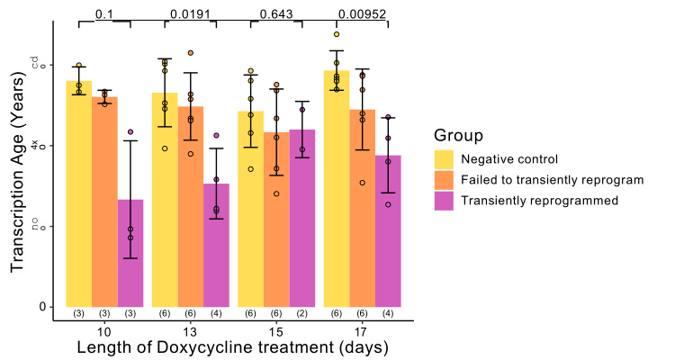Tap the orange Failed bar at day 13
click(x=190, y=206)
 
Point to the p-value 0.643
click(x=275, y=13)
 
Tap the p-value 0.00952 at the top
click(x=362, y=13)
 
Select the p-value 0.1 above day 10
click(x=103, y=13)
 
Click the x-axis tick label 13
click(x=190, y=329)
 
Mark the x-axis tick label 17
click(x=362, y=329)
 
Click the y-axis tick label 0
click(x=42, y=307)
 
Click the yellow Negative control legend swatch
click(x=444, y=159)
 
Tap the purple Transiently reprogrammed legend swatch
click(x=444, y=201)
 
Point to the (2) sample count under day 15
click(x=302, y=313)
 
